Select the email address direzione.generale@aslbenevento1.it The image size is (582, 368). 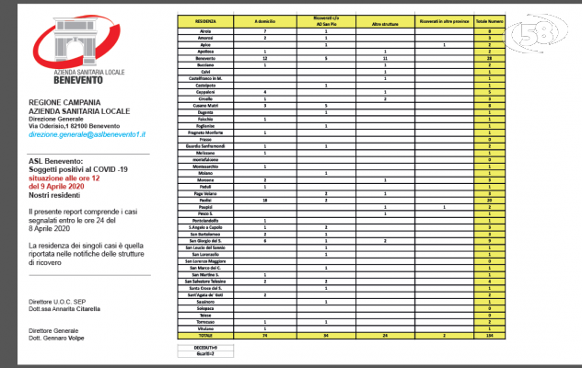(x=88, y=133)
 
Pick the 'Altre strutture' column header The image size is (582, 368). (x=384, y=19)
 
